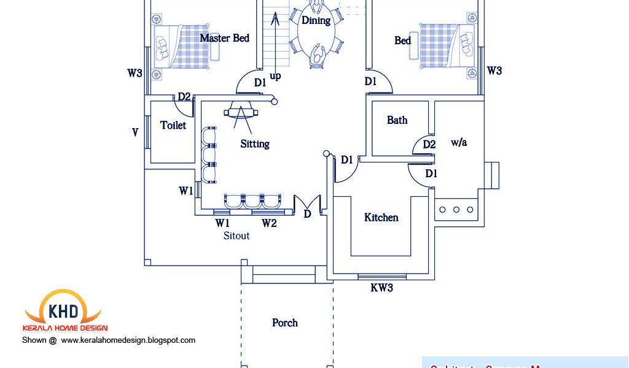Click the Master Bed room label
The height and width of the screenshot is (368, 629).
224,38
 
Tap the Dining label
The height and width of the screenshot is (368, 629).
316,20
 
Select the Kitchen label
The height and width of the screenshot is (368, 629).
381,218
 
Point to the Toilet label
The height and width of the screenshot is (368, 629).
173,125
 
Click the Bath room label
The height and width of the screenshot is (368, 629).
397,120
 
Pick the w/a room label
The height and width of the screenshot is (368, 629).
459,142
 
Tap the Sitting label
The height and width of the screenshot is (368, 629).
255,144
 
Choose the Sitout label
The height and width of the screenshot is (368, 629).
236,236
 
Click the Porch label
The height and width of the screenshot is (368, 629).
285,323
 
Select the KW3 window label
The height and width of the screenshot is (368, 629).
381,288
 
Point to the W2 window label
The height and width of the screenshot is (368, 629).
269,223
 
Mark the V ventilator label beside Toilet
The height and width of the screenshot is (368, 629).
135,132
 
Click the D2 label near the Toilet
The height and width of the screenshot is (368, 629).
184,97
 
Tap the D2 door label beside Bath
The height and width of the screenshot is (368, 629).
429,145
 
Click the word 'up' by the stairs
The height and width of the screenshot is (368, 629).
276,77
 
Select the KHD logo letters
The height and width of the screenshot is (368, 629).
62,309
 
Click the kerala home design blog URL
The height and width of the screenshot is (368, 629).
128,340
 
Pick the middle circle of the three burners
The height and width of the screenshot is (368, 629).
456,210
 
